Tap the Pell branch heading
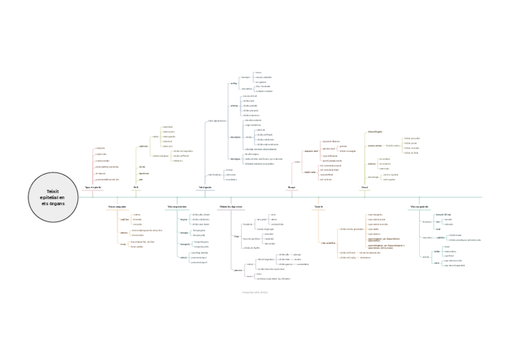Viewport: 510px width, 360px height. pyautogui.click(x=136, y=188)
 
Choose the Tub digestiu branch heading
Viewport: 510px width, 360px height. pyautogui.click(x=205, y=188)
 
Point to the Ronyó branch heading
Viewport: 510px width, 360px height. pyautogui.click(x=292, y=188)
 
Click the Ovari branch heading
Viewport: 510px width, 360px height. pyautogui.click(x=364, y=188)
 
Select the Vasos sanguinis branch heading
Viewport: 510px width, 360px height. pyautogui.click(x=117, y=207)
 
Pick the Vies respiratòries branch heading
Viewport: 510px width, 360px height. pyautogui.click(x=176, y=207)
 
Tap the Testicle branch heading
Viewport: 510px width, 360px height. pyautogui.click(x=319, y=207)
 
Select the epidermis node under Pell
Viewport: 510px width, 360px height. pyautogui.click(x=143, y=146)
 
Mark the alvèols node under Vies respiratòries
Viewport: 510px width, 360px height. pyautogui.click(x=183, y=257)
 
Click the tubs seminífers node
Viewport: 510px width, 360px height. pyautogui.click(x=328, y=243)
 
